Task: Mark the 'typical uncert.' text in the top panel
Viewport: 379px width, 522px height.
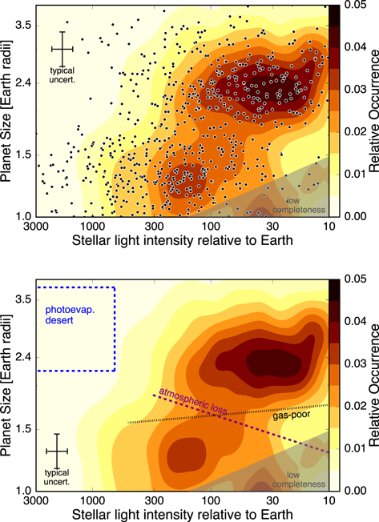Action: (x=62, y=74)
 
